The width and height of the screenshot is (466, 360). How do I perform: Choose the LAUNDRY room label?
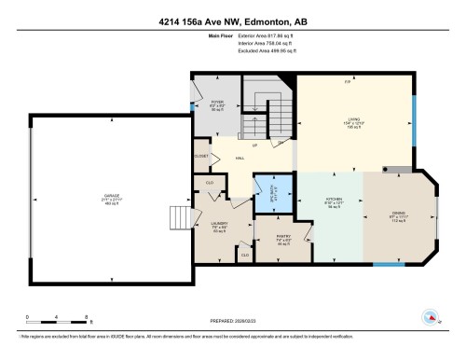[x=219, y=224]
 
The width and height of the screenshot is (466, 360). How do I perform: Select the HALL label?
[x=240, y=159]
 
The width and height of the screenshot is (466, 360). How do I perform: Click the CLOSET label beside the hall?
[x=201, y=156]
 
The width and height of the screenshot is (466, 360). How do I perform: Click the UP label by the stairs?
[x=254, y=145]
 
